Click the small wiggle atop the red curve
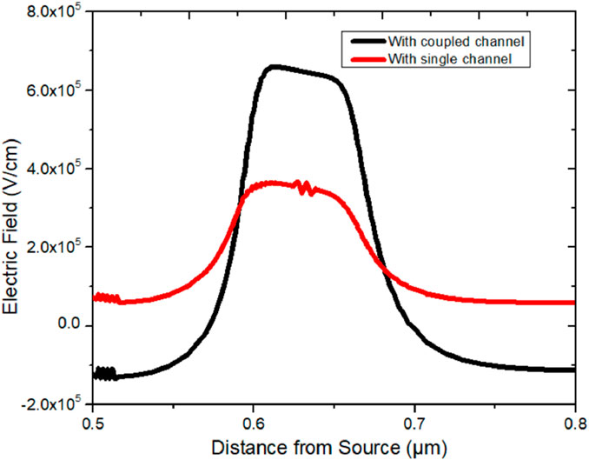pos(302,187)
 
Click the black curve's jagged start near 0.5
pos(104,374)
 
